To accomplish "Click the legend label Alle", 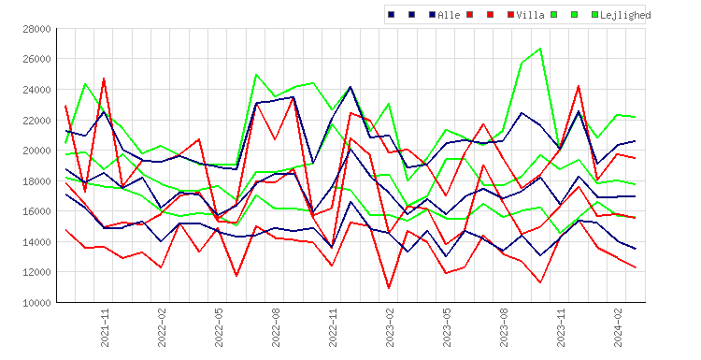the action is [x=449, y=15].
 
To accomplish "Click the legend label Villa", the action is [x=530, y=15].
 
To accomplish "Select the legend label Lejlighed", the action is [x=625, y=15].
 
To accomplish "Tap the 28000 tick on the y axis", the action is [x=36, y=29].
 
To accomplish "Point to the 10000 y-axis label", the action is [x=36, y=303].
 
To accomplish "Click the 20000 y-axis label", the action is [x=36, y=151].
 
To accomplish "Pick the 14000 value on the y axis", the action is [x=36, y=242].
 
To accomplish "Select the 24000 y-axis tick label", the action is [x=36, y=90].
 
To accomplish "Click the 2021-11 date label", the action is [x=105, y=327].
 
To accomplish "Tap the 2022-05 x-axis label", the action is [x=219, y=327].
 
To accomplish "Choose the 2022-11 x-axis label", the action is [x=333, y=327].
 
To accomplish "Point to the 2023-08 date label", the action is [x=505, y=327].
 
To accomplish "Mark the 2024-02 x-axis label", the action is [x=619, y=327].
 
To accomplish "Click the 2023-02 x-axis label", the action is [x=391, y=327].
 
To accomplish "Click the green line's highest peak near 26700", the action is [x=540, y=49].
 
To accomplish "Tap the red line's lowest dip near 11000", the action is [x=389, y=288].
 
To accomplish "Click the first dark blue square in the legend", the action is [x=392, y=15].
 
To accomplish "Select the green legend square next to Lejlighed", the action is [x=595, y=15].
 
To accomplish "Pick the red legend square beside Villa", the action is [x=511, y=15].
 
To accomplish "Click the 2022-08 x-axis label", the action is [x=277, y=327].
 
